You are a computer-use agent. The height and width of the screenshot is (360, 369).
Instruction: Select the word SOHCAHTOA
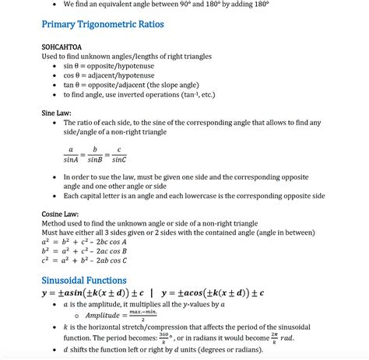(x=63, y=47)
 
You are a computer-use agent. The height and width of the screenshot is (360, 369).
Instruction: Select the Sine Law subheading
(x=57, y=114)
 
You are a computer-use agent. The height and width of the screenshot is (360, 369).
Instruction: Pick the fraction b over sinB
(x=94, y=155)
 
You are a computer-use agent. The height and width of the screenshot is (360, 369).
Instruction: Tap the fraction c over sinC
(x=118, y=155)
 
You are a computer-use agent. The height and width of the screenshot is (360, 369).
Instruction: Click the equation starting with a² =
(x=83, y=242)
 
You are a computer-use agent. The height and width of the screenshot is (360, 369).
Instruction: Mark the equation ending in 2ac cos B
(x=83, y=251)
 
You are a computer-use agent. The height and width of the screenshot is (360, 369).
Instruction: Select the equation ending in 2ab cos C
(x=83, y=261)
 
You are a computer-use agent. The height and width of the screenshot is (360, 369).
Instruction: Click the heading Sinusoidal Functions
(x=84, y=280)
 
